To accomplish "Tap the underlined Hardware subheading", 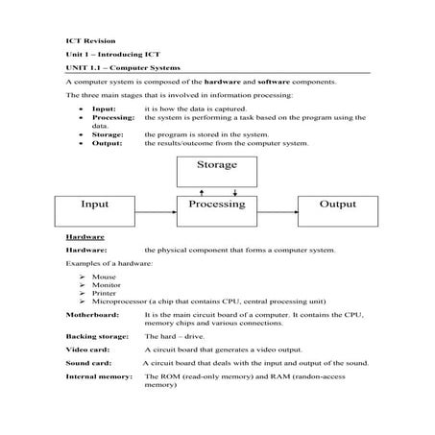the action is point(85,236).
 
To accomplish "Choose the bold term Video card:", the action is point(87,350).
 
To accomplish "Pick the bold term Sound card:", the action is point(89,364).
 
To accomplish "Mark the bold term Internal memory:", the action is point(99,377).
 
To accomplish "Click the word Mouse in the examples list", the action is point(105,276).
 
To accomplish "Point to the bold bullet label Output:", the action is point(108,143).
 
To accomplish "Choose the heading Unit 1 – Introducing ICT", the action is point(110,56).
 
